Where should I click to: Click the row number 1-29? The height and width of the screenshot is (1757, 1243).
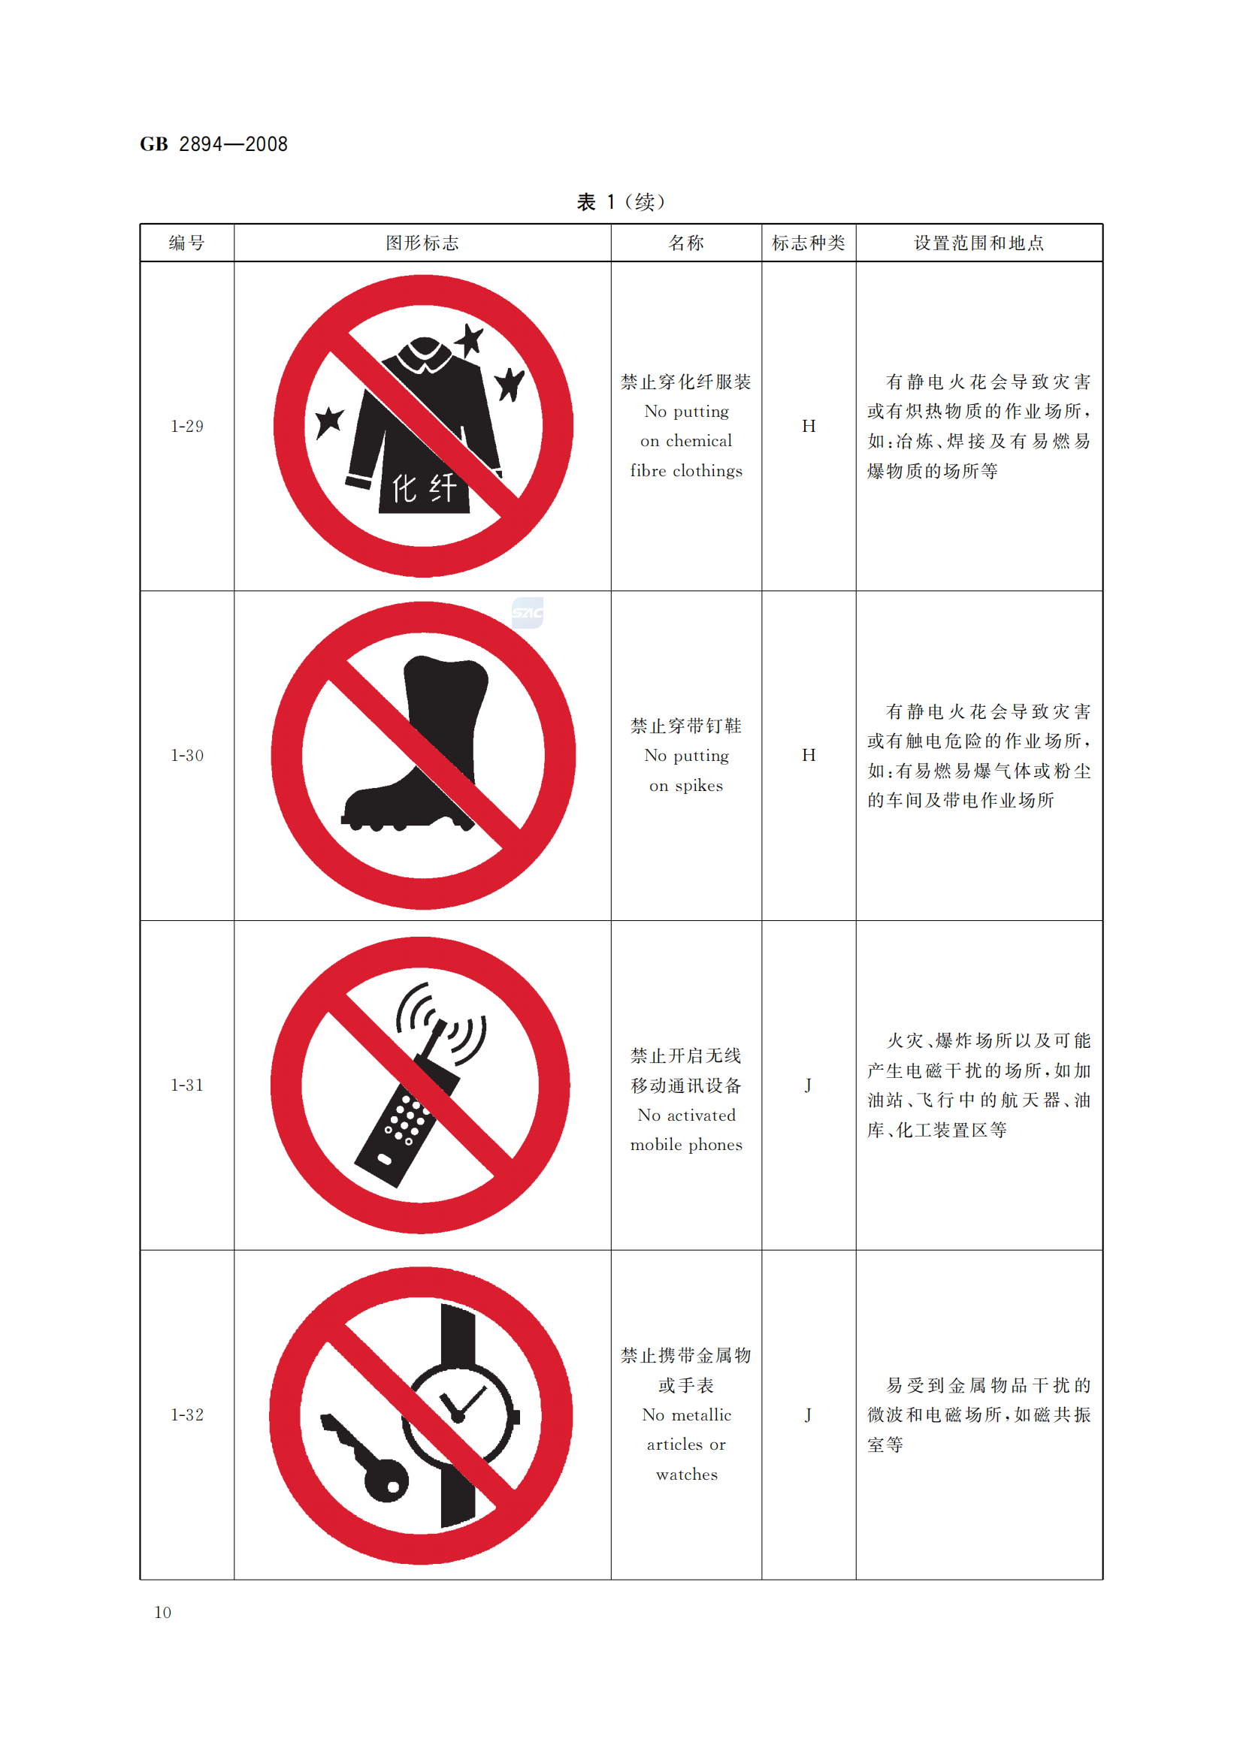[187, 426]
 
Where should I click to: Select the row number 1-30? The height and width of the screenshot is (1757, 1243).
[187, 755]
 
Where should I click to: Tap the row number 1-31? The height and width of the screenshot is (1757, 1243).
[187, 1085]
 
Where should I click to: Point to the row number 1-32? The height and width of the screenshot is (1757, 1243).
[187, 1415]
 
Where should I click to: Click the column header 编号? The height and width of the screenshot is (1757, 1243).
[187, 243]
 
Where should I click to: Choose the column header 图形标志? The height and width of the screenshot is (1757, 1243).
[422, 243]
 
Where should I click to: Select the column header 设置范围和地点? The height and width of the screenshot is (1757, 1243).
[979, 243]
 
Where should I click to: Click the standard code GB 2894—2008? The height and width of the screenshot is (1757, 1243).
[213, 144]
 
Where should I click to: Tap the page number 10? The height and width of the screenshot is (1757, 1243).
[162, 1612]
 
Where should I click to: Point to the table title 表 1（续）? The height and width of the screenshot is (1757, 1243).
[621, 202]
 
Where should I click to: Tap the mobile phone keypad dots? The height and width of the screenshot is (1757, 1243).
[406, 1119]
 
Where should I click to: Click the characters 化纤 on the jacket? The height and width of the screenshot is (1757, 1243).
[425, 488]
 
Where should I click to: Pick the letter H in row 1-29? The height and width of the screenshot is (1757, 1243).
[809, 426]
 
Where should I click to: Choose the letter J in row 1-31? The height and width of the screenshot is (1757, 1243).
[809, 1085]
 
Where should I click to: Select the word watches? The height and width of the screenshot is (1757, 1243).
[687, 1475]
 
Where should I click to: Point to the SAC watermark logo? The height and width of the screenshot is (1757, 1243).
[528, 612]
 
